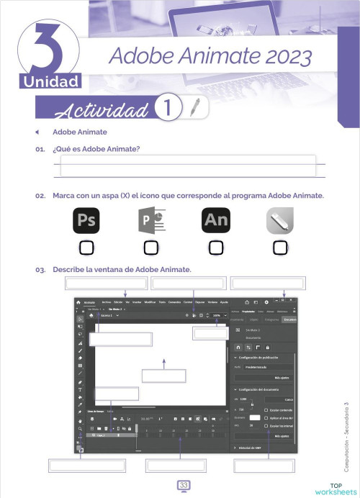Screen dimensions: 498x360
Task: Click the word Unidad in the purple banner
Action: click(x=52, y=81)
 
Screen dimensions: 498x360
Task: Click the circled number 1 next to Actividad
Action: click(x=167, y=108)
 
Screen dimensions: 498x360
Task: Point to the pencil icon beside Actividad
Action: click(x=195, y=107)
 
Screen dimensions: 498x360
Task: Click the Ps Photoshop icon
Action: click(x=87, y=219)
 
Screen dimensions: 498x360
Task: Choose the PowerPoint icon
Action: click(x=151, y=219)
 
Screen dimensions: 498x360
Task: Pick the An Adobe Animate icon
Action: click(x=215, y=219)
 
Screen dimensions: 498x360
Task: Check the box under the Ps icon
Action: click(x=87, y=248)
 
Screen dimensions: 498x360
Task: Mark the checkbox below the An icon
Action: click(x=215, y=248)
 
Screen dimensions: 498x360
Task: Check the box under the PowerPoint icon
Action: click(x=151, y=248)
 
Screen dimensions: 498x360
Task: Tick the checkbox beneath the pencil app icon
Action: click(x=279, y=248)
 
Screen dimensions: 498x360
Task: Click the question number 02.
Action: click(x=40, y=196)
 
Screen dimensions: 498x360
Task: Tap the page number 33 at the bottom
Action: click(x=183, y=486)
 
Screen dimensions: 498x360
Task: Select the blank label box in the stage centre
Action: click(x=163, y=375)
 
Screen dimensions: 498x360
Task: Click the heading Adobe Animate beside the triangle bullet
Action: click(x=79, y=132)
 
